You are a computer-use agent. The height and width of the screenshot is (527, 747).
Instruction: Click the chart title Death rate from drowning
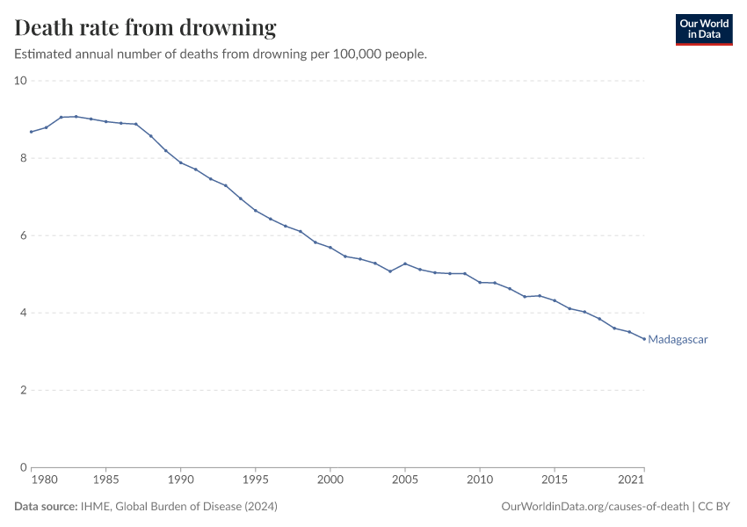click(x=146, y=28)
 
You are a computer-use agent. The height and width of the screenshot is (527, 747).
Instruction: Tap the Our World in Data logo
click(x=703, y=29)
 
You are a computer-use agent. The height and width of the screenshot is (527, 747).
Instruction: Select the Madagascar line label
click(x=678, y=340)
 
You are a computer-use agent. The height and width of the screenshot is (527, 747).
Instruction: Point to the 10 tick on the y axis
click(x=21, y=81)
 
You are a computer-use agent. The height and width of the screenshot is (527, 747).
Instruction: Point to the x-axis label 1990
click(x=180, y=480)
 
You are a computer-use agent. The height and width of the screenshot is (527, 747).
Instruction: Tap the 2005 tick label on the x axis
click(x=404, y=480)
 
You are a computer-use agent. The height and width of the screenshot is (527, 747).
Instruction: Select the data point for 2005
click(x=404, y=263)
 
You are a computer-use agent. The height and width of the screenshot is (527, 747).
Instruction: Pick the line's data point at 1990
click(x=180, y=162)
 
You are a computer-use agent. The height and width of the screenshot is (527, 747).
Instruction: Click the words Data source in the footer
click(x=44, y=507)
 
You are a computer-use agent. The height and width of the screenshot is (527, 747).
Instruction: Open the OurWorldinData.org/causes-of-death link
click(x=594, y=507)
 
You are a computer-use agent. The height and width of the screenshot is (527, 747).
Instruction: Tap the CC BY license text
click(x=714, y=507)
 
